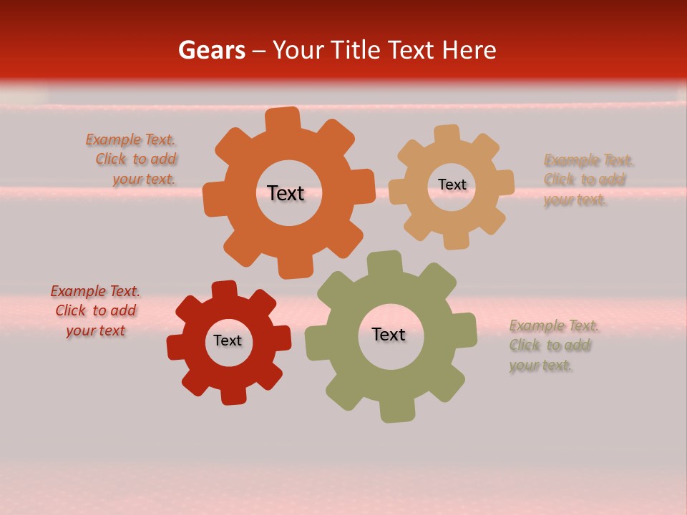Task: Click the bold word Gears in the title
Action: coord(211,50)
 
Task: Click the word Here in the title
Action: coord(469,50)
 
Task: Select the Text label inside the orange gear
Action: coord(286,193)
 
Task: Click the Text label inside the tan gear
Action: coord(452,185)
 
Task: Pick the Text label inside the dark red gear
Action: coord(228,340)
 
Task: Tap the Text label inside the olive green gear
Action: coord(389,335)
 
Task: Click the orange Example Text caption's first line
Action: coord(130,139)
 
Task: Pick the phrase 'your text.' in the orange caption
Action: coord(143,180)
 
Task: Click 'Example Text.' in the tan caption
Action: coord(589,160)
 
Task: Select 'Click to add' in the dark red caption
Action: coord(96,310)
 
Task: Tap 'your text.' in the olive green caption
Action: coord(541,366)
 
